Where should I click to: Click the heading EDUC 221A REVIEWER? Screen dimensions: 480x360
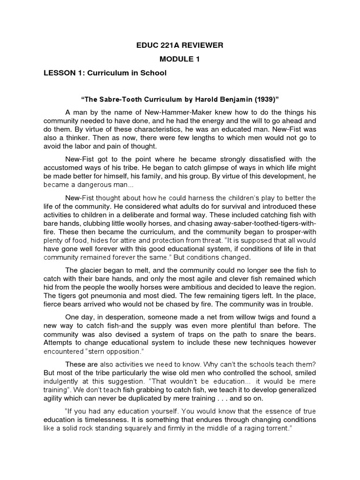pyautogui.click(x=180, y=45)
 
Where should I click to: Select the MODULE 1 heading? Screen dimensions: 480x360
pyautogui.click(x=180, y=60)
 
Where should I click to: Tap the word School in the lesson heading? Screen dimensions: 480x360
pyautogui.click(x=152, y=74)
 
